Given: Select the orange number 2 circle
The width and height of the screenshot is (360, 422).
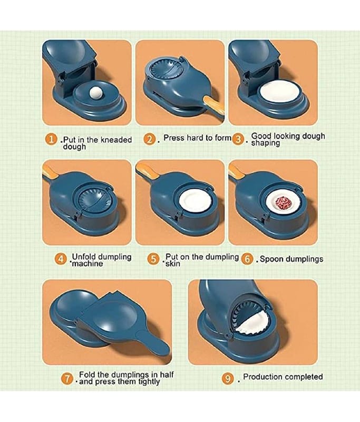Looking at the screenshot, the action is tap(150, 139).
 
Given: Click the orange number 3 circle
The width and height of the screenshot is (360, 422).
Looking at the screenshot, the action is tap(238, 139).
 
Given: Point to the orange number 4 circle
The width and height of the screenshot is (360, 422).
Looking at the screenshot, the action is tap(61, 259).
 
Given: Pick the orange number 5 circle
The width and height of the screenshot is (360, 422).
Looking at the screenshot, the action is tap(153, 259).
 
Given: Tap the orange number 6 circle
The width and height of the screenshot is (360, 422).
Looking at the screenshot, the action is tap(247, 259).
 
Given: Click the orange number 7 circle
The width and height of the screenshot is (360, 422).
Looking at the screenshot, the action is tap(67, 378).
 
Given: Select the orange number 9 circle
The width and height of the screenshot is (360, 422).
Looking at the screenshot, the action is tap(228, 378).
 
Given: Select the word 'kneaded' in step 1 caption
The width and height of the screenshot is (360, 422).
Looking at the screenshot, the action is tap(116, 140).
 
